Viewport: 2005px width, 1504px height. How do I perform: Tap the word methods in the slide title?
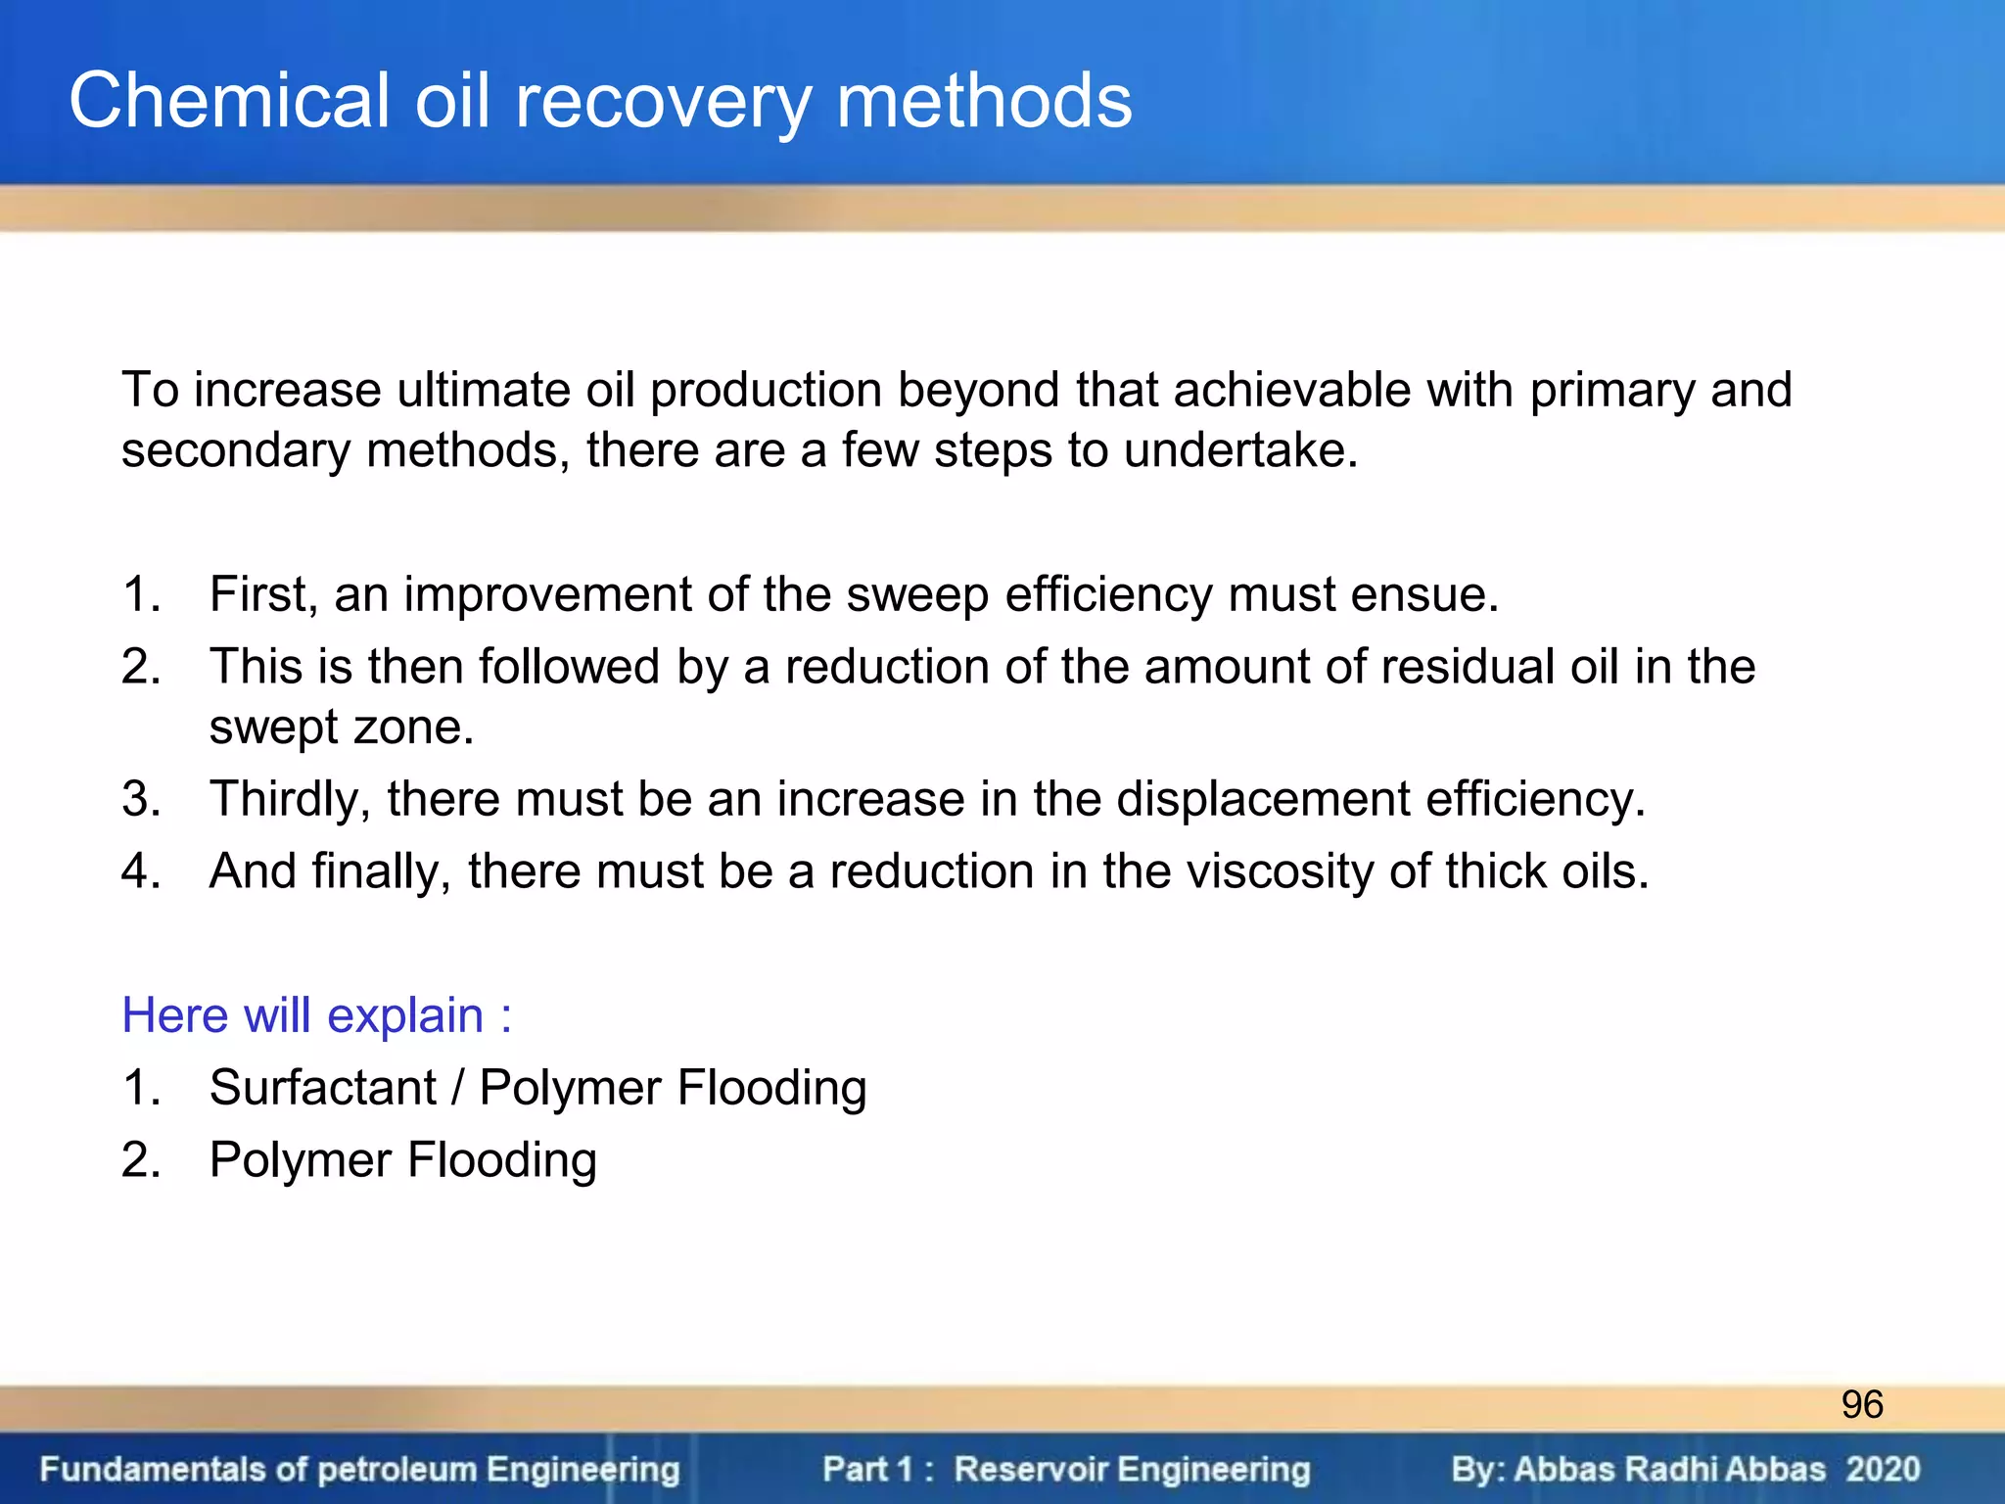coord(983,101)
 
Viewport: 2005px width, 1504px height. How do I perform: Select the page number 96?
coord(1861,1404)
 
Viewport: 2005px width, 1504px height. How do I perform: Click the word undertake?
coord(1240,451)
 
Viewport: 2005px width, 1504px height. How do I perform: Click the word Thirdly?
coord(290,800)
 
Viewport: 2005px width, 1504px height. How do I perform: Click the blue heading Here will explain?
coord(315,1015)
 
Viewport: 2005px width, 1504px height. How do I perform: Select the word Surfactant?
coord(323,1088)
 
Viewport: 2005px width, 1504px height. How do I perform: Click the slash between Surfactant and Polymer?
coord(457,1088)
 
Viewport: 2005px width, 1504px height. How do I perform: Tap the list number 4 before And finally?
coord(137,871)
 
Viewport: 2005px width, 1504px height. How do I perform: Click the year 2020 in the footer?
coord(1883,1469)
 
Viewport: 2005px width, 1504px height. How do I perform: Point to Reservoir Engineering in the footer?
coord(1132,1469)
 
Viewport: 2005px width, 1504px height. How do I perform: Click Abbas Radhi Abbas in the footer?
coord(1669,1469)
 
